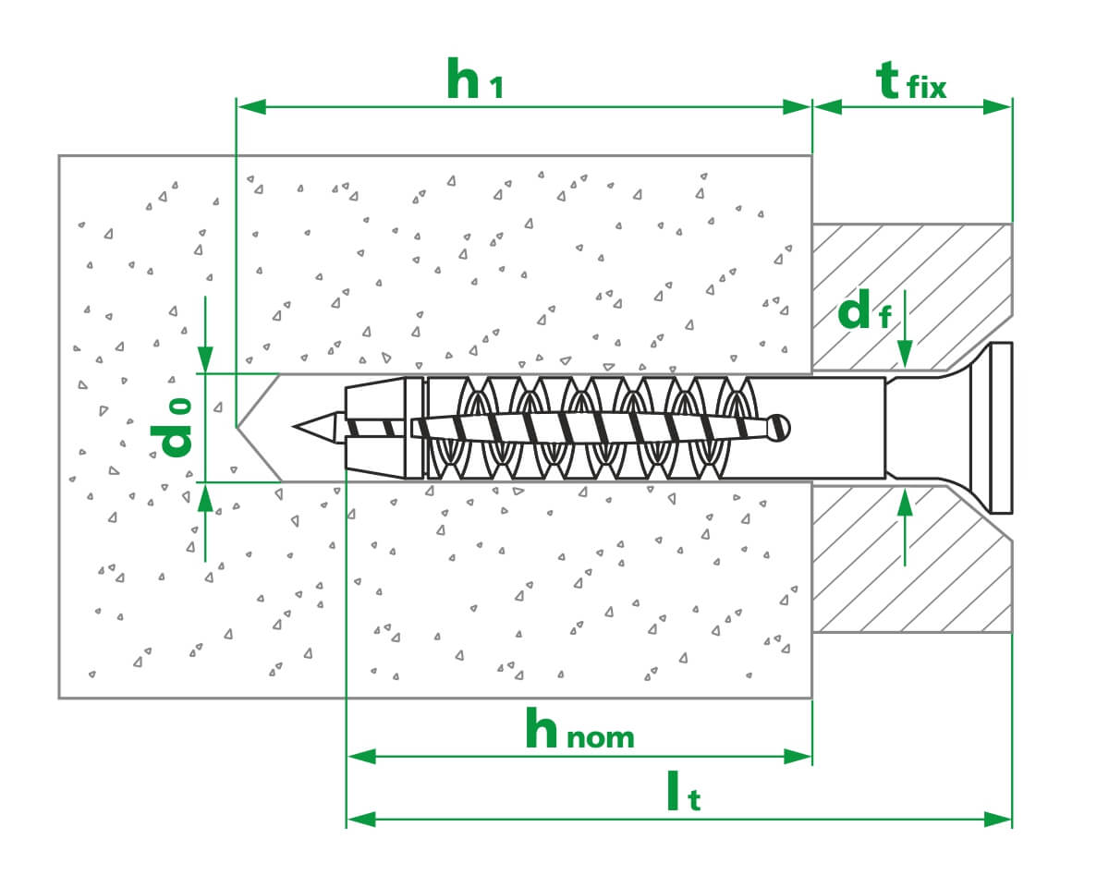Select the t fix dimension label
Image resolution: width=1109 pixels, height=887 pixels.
pos(911,81)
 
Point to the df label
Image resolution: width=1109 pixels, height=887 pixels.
pos(864,312)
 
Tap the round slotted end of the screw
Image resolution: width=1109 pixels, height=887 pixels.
pos(782,426)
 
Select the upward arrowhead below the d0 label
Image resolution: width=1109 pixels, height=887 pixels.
pos(205,496)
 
